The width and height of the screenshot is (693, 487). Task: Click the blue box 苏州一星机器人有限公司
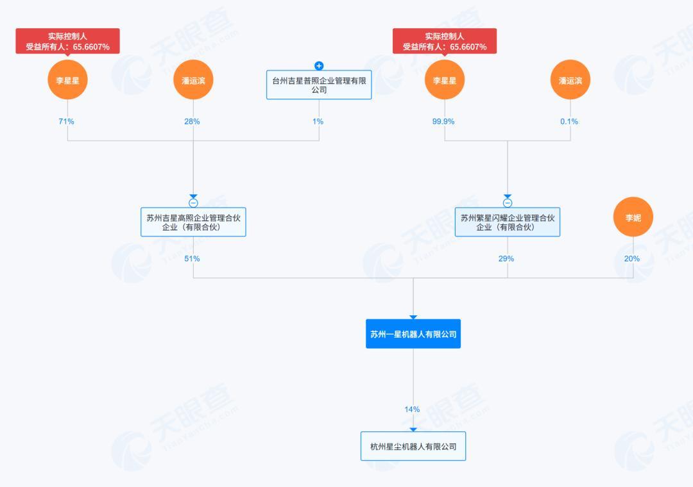point(413,334)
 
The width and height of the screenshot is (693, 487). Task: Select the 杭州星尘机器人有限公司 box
point(413,447)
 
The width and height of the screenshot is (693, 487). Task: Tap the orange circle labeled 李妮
point(633,218)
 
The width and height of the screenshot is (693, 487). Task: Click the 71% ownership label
point(67,121)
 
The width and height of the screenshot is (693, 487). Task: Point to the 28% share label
point(193,121)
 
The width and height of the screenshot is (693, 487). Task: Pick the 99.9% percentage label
point(443,121)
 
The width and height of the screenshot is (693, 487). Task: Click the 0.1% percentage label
point(569,121)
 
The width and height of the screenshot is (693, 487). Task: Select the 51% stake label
point(193,259)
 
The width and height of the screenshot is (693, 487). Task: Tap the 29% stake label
point(506,259)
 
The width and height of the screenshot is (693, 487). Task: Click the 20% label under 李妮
point(632,259)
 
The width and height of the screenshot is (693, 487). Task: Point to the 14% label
point(412,409)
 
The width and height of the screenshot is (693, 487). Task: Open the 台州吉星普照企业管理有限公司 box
point(319,85)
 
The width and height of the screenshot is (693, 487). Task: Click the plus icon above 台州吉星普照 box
point(319,66)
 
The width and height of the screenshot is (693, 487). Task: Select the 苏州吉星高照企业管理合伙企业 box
point(193,222)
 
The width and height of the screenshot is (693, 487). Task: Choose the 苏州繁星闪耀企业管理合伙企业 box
point(508,222)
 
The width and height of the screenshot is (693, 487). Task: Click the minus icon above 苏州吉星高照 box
point(193,203)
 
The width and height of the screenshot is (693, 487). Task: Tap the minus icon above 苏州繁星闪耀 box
point(508,203)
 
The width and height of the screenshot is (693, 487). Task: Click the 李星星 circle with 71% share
point(67,80)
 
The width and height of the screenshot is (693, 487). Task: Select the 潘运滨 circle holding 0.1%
point(570,80)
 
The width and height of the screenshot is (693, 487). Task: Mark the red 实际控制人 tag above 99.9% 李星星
point(445,42)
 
